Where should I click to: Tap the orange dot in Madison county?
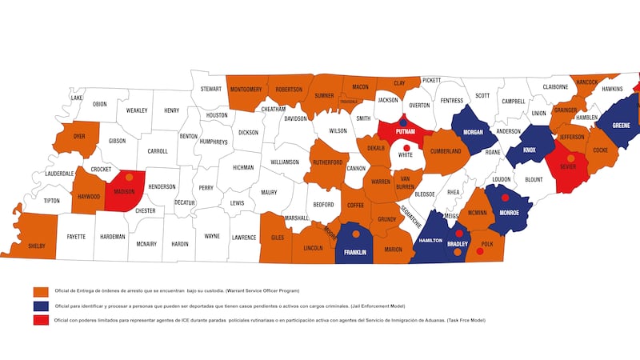129,177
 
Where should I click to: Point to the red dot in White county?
406,148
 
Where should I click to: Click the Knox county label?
530,150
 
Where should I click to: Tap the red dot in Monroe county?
505,197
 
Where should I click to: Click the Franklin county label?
354,252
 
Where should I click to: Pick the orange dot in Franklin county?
355,234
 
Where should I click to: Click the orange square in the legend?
38,290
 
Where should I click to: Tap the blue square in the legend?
38,306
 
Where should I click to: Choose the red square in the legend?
38,320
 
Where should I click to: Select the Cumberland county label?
446,151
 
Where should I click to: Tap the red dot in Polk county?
480,251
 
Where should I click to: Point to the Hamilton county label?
430,240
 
